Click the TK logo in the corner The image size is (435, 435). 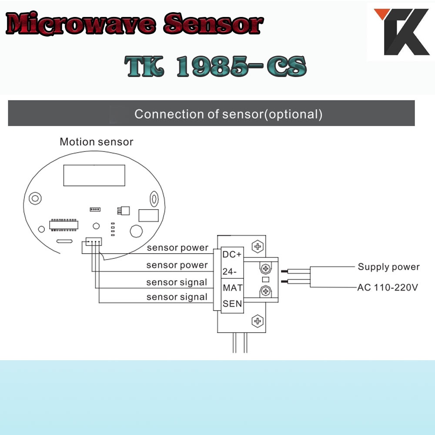pos(402,31)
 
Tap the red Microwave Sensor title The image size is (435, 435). pos(134,24)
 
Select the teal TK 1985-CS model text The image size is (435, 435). pos(216,66)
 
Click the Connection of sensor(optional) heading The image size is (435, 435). pos(228,114)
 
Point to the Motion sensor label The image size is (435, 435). pos(97,142)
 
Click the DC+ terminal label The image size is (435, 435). pos(232,254)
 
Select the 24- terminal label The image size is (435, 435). pos(229,271)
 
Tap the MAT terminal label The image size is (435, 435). pos(232,288)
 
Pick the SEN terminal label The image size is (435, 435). pos(232,304)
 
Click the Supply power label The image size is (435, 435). pos(388,267)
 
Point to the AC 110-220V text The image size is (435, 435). pos(388,288)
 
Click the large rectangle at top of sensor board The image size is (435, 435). pos(94,175)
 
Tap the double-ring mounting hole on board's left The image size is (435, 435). pos(35,198)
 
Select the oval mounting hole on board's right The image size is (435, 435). pos(154,199)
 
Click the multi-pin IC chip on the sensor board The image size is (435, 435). pos(64,225)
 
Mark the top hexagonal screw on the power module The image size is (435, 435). pos(258,246)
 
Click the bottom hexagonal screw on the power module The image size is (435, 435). pos(258,321)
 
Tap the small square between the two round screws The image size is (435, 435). pos(265,280)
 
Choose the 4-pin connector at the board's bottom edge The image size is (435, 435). pos(94,241)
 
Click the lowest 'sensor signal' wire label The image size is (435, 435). pos(177,297)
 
